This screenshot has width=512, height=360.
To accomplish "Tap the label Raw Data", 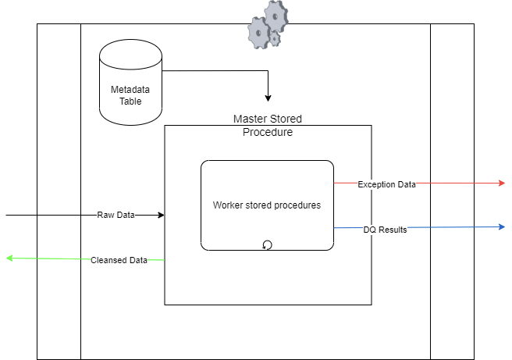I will [116, 215].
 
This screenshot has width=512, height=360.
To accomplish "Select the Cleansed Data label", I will [119, 260].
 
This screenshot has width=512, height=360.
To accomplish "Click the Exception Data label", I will [386, 184].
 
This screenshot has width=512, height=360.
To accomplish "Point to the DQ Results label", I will [385, 230].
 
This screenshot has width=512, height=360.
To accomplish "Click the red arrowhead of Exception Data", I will [501, 183].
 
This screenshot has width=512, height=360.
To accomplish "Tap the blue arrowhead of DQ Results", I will [501, 227].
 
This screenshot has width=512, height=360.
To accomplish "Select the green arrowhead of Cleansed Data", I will [10, 258].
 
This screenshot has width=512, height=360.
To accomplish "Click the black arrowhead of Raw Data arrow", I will [160, 215].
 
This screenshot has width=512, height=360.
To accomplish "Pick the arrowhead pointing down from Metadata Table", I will [268, 98].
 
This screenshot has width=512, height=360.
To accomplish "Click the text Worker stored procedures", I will [267, 205].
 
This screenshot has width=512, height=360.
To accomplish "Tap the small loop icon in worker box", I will [267, 245].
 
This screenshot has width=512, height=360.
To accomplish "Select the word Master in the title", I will [250, 119].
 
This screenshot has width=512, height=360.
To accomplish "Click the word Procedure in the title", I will [267, 132].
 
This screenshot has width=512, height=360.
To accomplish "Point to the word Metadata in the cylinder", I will [130, 90].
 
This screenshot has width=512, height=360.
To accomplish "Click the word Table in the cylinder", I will [130, 101].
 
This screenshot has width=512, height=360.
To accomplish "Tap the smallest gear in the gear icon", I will [275, 38].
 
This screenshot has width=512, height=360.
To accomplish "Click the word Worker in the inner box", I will [228, 205].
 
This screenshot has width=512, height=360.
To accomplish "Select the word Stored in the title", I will [286, 119].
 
